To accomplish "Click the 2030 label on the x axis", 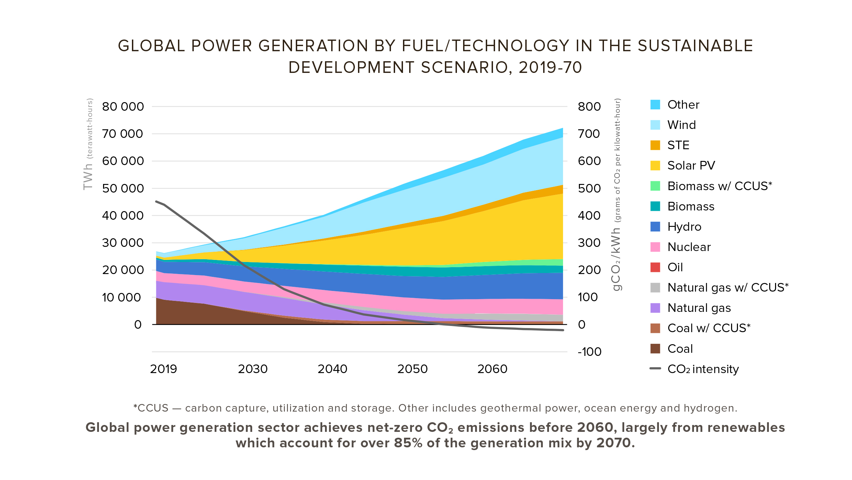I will [x=253, y=369].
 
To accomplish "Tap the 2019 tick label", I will [x=164, y=369].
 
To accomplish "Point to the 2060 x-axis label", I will [x=492, y=369].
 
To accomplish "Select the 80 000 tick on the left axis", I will [x=123, y=107].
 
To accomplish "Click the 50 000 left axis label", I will [x=123, y=188].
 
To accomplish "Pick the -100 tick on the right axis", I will [x=590, y=352].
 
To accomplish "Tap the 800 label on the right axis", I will [x=589, y=107].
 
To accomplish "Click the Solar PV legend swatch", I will [x=655, y=165].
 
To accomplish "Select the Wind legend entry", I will [x=682, y=125].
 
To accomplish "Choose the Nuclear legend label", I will [x=689, y=247].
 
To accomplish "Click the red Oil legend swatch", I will [x=655, y=267].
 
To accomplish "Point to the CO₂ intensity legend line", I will [x=655, y=369].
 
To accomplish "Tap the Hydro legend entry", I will [x=684, y=227].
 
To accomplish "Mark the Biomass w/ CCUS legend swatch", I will [x=655, y=186].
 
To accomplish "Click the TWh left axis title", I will [x=88, y=176].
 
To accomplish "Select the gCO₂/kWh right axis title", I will [x=616, y=260].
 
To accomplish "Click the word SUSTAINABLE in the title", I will [x=695, y=46].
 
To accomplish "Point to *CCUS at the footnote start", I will [x=151, y=408].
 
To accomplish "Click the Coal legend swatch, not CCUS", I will [x=655, y=349].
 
